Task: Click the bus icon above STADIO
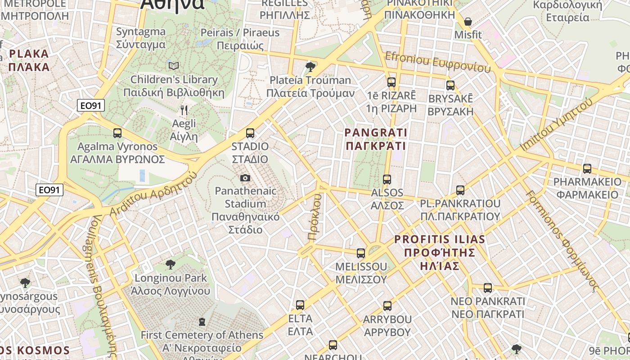(x=250, y=133)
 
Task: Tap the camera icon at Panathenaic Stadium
(x=245, y=178)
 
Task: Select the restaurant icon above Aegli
(x=184, y=110)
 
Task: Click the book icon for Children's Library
(x=174, y=66)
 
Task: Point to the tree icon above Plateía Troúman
(x=310, y=67)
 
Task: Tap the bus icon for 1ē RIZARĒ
(x=391, y=82)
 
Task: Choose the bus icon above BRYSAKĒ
(x=450, y=85)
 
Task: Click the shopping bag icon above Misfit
(x=468, y=22)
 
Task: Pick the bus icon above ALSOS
(x=387, y=180)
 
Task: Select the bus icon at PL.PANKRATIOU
(x=460, y=190)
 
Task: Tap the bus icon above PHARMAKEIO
(x=587, y=169)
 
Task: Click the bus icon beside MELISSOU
(x=361, y=253)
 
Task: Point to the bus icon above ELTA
(x=300, y=305)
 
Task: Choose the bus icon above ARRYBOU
(x=387, y=306)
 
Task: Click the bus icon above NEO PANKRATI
(x=488, y=288)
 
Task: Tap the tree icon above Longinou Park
(x=171, y=264)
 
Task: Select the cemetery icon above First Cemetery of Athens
(x=202, y=322)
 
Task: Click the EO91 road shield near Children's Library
(x=91, y=106)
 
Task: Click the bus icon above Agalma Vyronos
(x=117, y=133)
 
